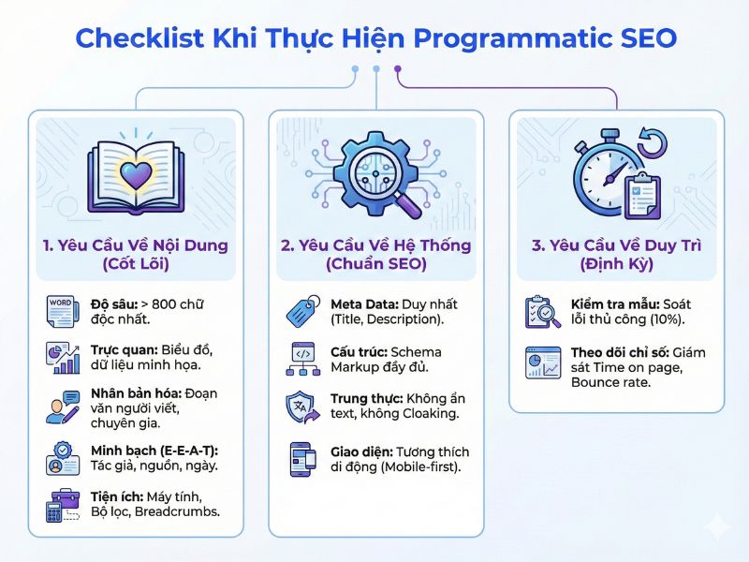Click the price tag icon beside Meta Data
(302, 311)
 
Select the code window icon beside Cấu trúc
(302, 357)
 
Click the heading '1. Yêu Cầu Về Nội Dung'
(136, 245)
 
